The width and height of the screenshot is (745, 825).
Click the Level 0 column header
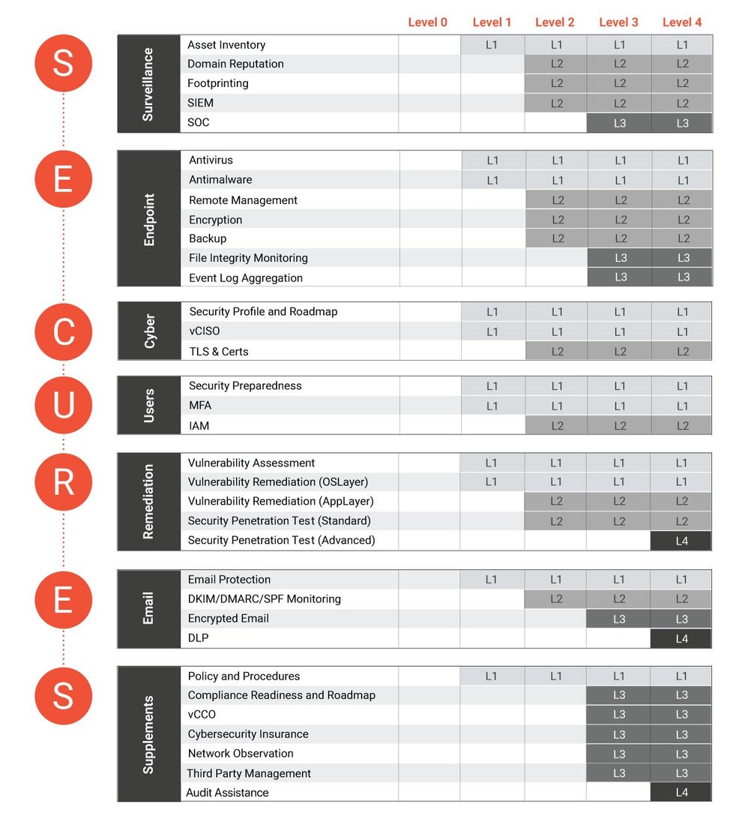click(x=427, y=22)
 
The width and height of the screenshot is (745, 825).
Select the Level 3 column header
click(x=618, y=22)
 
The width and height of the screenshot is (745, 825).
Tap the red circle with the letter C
click(x=64, y=331)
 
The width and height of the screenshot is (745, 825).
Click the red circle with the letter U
click(x=64, y=406)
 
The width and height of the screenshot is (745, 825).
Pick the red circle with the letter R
click(x=64, y=483)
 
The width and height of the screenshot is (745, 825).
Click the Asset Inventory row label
click(x=226, y=45)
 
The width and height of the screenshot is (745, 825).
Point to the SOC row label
click(x=199, y=122)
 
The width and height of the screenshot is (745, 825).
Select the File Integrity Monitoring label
click(x=248, y=258)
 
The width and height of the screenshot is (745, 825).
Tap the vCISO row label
click(x=205, y=331)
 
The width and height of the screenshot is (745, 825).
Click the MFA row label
click(x=199, y=406)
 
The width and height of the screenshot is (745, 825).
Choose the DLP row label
click(x=198, y=638)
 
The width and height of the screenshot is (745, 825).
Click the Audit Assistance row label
click(x=228, y=793)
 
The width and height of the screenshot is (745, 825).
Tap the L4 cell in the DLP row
click(x=681, y=639)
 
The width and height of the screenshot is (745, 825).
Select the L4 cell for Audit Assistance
click(x=681, y=793)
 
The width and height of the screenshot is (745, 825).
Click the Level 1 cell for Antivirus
click(x=492, y=160)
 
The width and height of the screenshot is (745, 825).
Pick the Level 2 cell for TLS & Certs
click(x=557, y=351)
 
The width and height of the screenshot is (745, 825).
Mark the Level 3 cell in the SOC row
click(x=619, y=123)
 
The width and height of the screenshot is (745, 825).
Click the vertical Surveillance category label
click(x=148, y=84)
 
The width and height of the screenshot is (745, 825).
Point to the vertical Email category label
click(x=148, y=608)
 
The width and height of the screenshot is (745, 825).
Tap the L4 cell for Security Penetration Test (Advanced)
click(x=681, y=541)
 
